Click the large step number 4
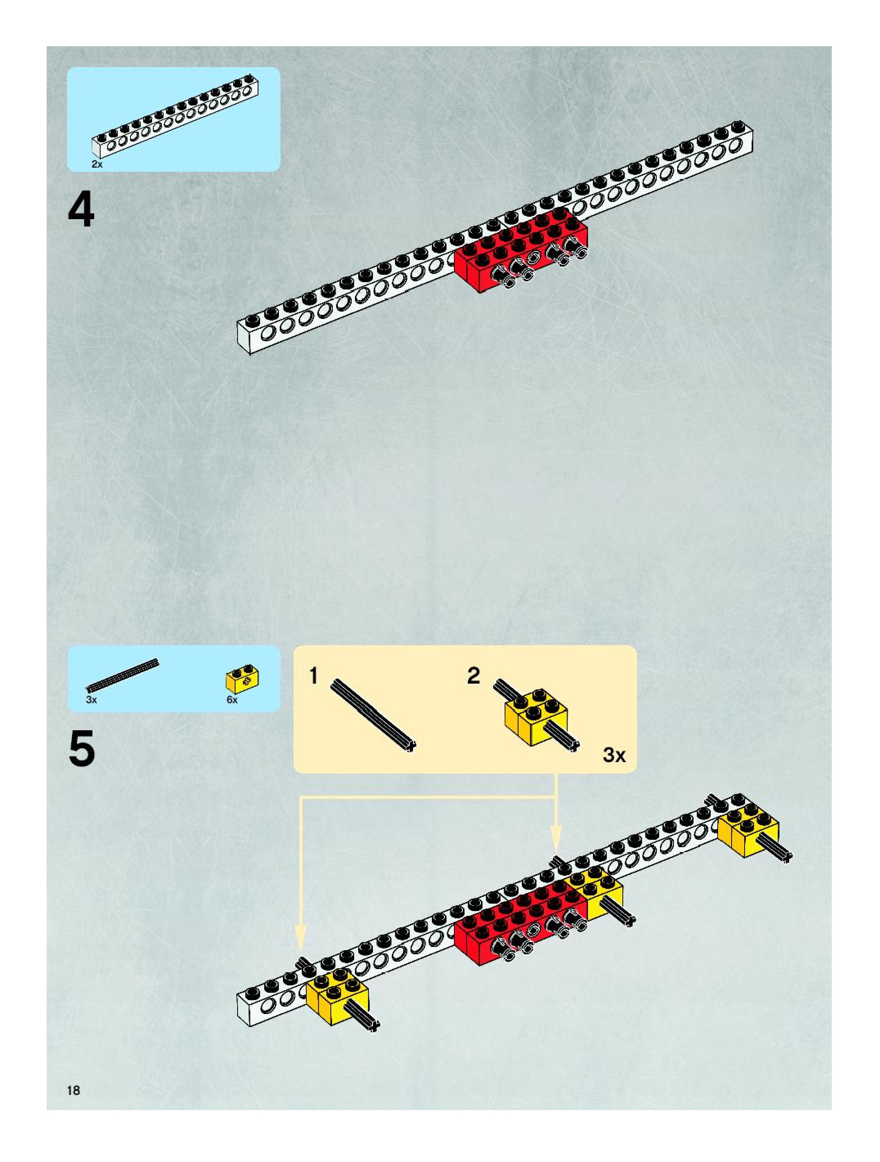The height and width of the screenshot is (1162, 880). click(81, 211)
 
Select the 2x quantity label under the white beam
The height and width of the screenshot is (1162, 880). click(97, 164)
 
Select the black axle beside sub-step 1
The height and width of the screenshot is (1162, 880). click(373, 716)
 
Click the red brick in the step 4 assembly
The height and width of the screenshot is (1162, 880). click(520, 252)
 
